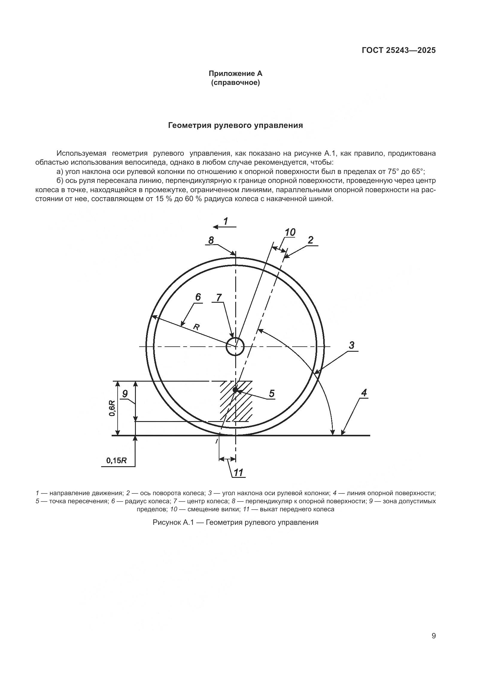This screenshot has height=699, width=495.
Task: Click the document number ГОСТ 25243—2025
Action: point(398,50)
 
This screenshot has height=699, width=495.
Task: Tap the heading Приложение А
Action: point(235,74)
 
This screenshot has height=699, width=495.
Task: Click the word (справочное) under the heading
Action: point(235,82)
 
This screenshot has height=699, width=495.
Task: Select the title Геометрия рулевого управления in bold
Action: point(235,125)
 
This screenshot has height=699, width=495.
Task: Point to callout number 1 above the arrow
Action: point(226,221)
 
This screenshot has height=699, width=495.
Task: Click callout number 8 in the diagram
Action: point(211,240)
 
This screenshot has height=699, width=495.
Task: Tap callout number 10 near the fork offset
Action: point(290,233)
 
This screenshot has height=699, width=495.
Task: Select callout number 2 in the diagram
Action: point(310,240)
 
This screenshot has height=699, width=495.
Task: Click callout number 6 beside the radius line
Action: point(198,297)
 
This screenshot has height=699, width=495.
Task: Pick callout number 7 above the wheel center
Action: point(219,297)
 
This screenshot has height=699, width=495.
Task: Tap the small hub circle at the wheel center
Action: point(235,346)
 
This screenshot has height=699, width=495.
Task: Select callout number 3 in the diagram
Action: point(351,345)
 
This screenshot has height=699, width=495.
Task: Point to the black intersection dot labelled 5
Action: point(235,390)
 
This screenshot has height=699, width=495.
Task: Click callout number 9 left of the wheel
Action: point(125,394)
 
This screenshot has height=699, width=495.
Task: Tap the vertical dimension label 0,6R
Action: point(113,408)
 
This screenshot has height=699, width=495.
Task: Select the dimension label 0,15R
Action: point(116,461)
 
